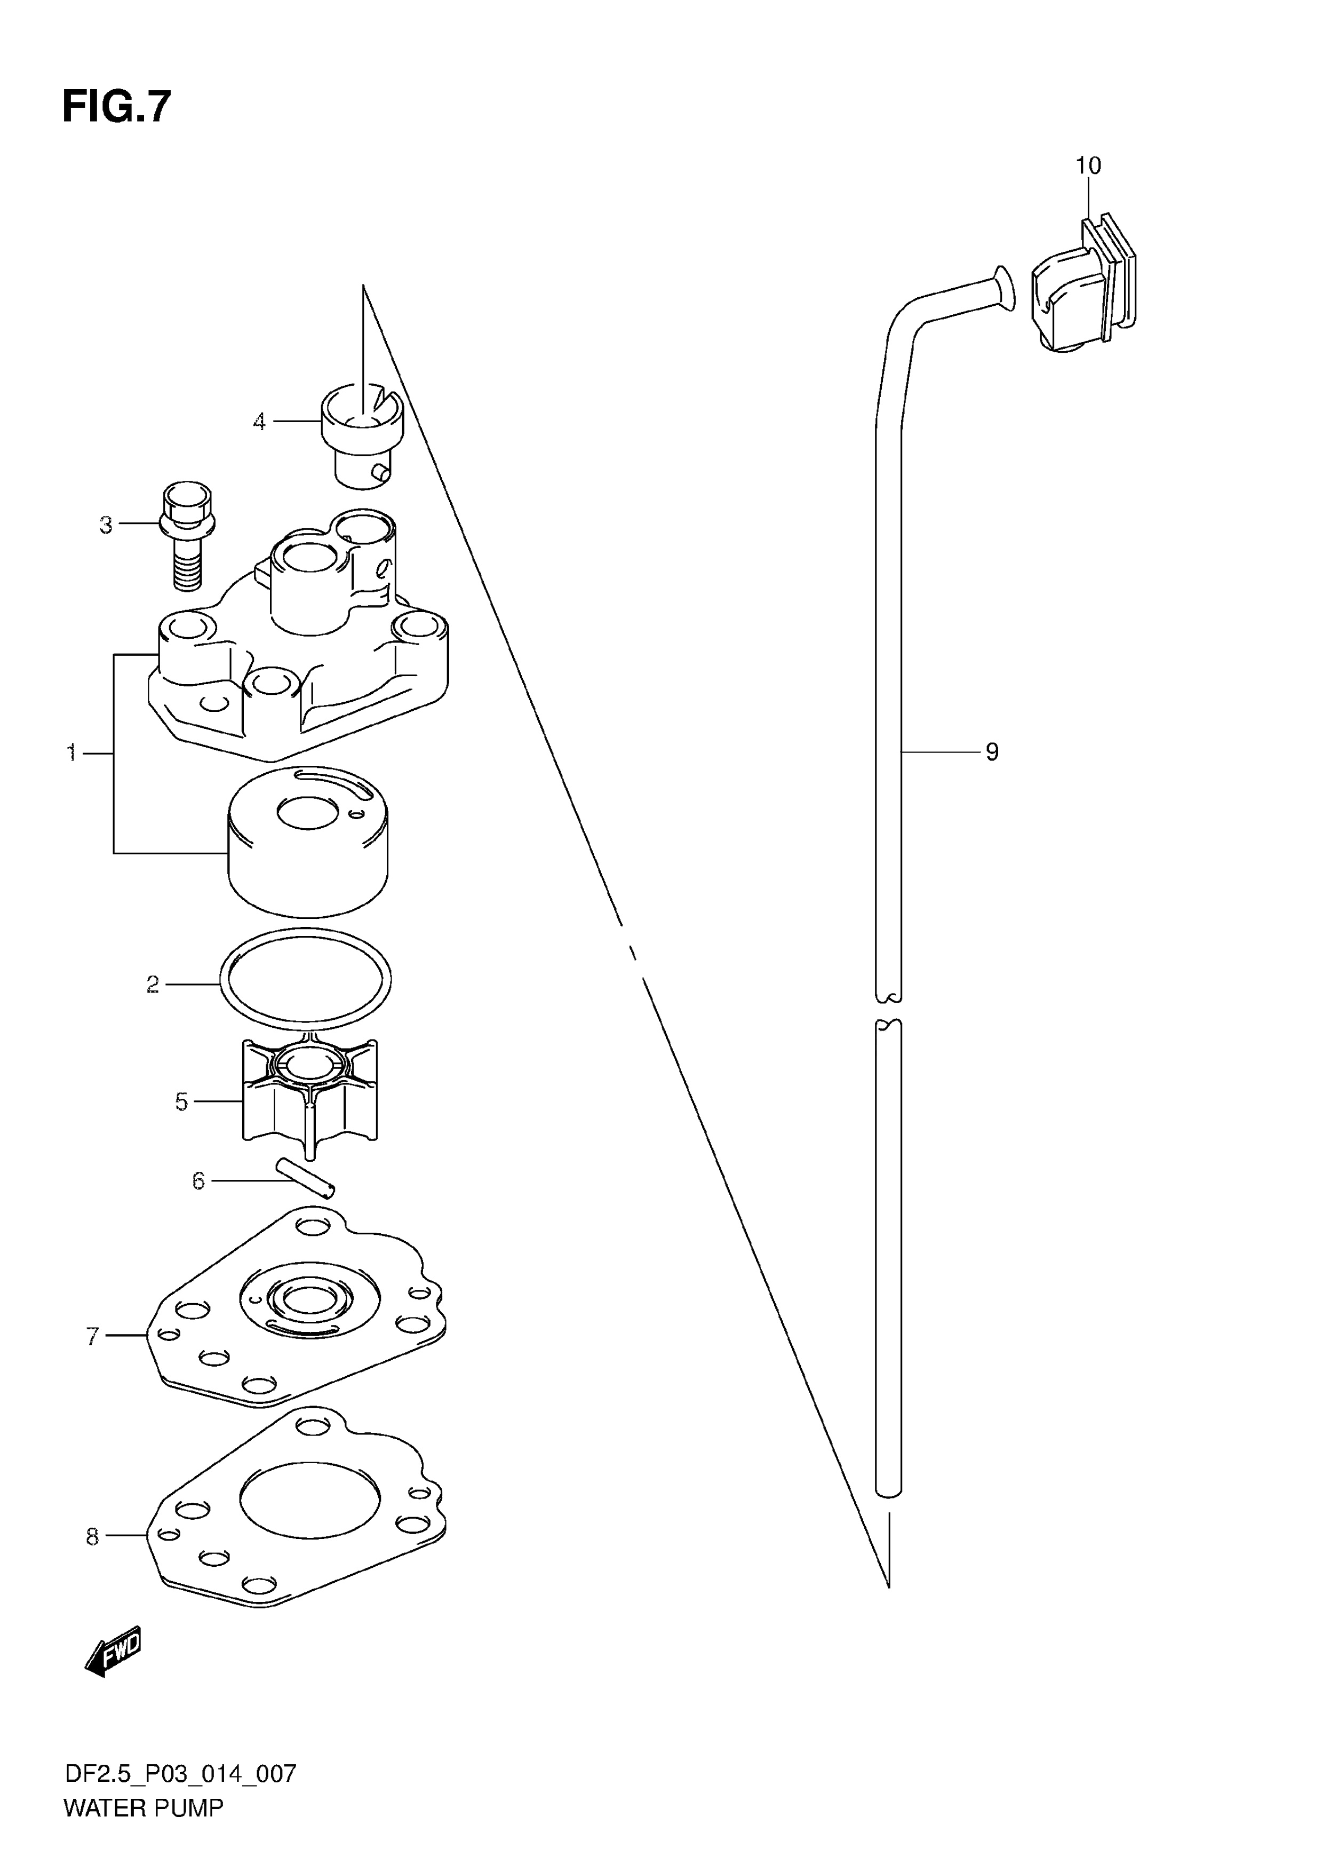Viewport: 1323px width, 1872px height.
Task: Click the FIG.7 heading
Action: [x=117, y=107]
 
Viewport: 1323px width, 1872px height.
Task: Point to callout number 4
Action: [x=259, y=422]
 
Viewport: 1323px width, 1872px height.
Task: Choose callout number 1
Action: [x=71, y=752]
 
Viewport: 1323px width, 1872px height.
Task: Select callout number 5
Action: [x=181, y=1102]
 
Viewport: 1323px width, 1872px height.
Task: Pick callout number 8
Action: [x=92, y=1537]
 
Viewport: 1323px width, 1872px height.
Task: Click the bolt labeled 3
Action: [x=187, y=536]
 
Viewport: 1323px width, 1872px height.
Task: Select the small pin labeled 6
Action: [x=305, y=1177]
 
